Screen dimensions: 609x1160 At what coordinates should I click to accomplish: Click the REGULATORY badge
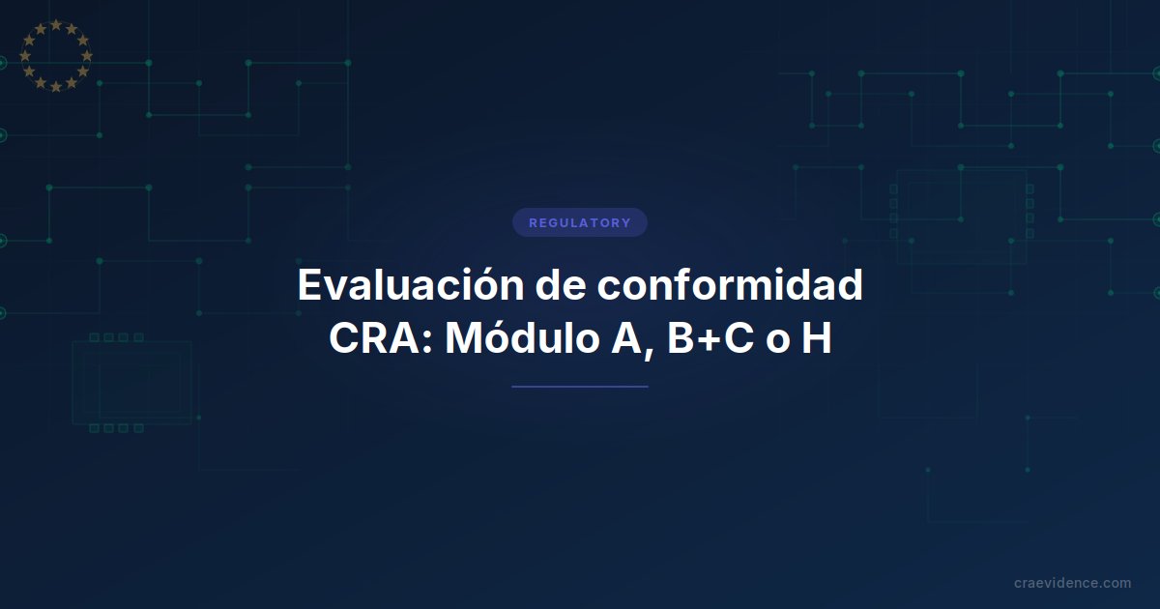(x=580, y=222)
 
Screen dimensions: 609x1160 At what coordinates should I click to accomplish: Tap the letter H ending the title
(x=816, y=338)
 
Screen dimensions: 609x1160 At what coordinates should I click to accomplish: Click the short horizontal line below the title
(x=580, y=387)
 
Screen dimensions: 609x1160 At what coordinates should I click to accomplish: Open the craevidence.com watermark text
(x=1072, y=583)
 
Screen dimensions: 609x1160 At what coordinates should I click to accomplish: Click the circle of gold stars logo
(x=55, y=55)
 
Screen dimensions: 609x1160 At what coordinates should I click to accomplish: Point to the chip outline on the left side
(x=131, y=383)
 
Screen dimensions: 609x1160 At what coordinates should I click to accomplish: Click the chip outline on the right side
(x=960, y=216)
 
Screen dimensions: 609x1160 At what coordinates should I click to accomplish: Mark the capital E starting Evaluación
(x=310, y=285)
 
